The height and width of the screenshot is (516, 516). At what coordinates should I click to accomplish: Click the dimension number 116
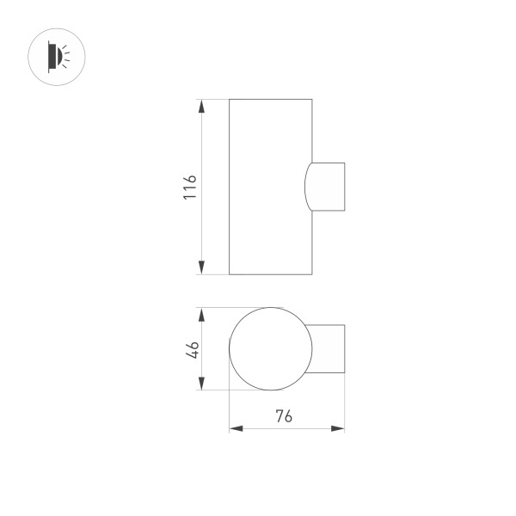click(x=190, y=187)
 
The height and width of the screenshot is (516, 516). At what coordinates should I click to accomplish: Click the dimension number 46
click(x=193, y=349)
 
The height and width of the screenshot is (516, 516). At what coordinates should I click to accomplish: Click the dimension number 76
click(x=284, y=416)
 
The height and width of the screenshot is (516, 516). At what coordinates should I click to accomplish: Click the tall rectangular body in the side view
click(x=269, y=187)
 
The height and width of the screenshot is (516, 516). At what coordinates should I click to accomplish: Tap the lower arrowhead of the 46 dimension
click(x=201, y=383)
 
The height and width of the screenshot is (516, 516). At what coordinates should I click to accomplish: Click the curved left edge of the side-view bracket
click(x=305, y=187)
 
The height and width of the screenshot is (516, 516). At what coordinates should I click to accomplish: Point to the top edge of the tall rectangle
click(x=269, y=99)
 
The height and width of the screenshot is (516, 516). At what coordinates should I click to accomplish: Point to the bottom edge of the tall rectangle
click(x=269, y=274)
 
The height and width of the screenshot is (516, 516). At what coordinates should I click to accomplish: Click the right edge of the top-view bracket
click(x=344, y=349)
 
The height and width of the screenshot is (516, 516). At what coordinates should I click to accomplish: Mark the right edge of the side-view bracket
click(x=344, y=187)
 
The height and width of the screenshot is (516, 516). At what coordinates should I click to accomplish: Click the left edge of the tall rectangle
click(x=229, y=187)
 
